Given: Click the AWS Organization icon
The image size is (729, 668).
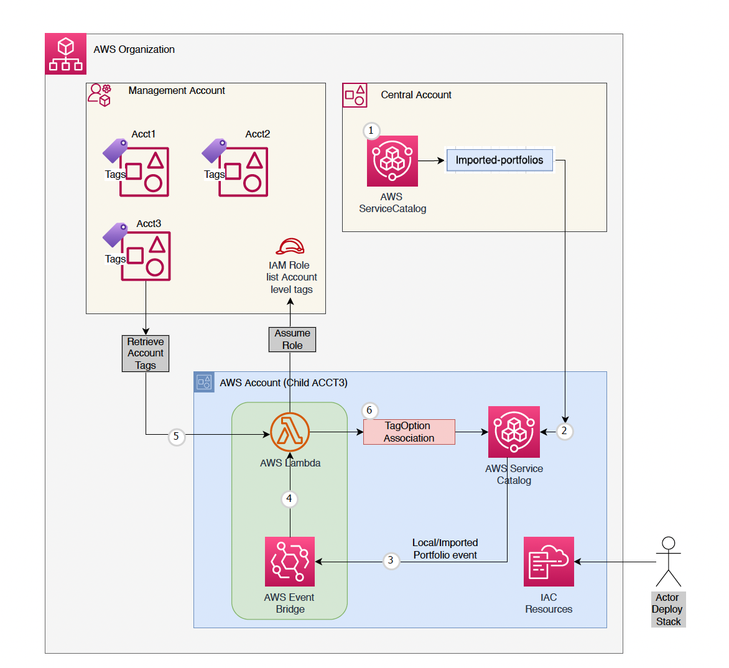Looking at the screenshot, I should tap(65, 54).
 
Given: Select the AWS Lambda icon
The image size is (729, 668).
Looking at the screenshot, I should tap(290, 432).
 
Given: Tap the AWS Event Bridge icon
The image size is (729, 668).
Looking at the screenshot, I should tap(290, 562).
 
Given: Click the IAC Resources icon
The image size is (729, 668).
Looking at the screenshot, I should tap(549, 562).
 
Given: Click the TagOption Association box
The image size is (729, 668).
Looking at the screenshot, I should tap(409, 432).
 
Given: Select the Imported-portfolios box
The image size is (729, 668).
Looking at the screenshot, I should tap(499, 160).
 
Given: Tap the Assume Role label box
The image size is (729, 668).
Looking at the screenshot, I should tap(292, 340).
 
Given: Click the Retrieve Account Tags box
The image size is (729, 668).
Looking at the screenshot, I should tap(146, 353).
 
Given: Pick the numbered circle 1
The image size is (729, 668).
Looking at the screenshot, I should tap(371, 131).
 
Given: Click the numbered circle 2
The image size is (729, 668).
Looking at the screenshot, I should tap(564, 430).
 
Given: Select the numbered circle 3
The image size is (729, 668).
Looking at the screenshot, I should tap(391, 560).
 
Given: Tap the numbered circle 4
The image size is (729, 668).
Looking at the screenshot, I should tap(289, 498).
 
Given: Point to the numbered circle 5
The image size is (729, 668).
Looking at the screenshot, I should tap(176, 437).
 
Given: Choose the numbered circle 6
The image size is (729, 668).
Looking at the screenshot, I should tap(369, 411).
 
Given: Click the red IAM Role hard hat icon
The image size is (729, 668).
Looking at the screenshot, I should tap(290, 247).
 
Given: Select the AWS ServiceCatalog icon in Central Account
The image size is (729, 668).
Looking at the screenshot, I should tap(392, 161).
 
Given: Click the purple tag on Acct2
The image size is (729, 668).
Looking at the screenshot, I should tap(215, 151).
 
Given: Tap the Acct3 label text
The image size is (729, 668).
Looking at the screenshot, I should tap(149, 223).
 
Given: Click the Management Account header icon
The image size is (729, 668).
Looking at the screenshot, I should tap(100, 95).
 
